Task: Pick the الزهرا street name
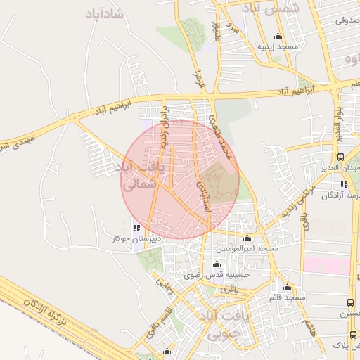coord(199,79)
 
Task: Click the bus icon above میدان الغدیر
coord(341,157)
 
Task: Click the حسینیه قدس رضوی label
coord(216,276)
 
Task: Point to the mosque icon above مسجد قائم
coord(287,287)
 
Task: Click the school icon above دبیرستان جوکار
coord(136,228)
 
